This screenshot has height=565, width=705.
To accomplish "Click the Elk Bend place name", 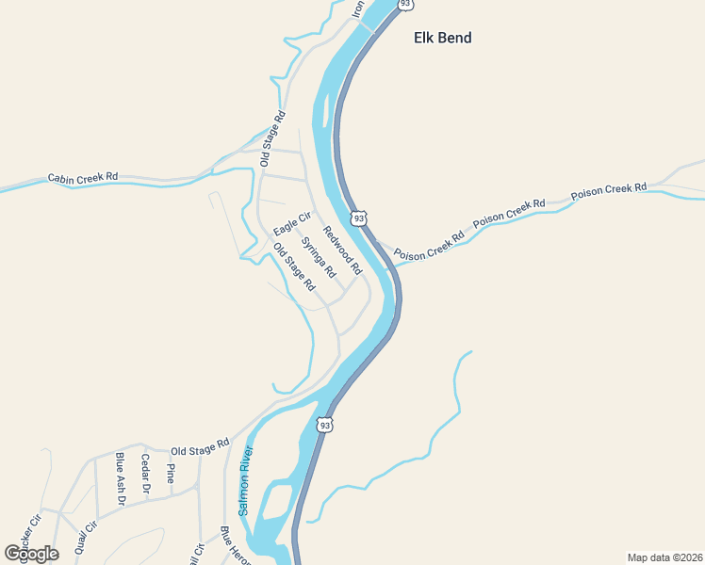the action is click(442, 39).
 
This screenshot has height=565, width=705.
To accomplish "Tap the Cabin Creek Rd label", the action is click(84, 176).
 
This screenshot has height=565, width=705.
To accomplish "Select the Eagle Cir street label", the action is click(291, 225).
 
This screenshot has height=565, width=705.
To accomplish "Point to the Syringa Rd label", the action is click(319, 256).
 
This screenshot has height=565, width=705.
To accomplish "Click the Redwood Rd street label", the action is click(342, 250).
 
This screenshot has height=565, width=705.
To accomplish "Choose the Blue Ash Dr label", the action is click(121, 478).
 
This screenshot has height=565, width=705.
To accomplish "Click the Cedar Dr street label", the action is click(145, 474).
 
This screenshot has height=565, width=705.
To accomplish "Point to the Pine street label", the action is click(170, 473).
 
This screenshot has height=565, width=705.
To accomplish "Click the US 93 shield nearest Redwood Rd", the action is click(358, 218).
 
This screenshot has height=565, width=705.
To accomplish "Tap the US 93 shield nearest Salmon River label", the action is click(325, 425).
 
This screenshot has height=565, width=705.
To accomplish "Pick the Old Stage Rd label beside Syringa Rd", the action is click(293, 266).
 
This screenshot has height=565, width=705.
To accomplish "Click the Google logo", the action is click(31, 554).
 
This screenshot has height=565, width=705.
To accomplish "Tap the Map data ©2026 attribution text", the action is click(665, 557).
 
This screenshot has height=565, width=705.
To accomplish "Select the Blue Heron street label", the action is click(236, 546).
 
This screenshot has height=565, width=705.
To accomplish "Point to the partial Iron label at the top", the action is click(357, 8).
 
